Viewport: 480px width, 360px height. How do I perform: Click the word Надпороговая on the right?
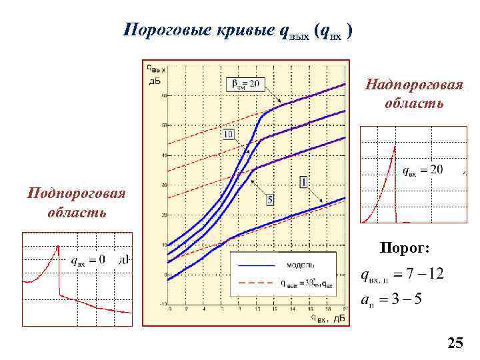[413, 86]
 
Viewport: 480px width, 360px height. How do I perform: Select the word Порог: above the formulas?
[405, 249]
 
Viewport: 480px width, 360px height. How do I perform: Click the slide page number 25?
[455, 344]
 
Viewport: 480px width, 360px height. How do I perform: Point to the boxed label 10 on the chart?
[229, 135]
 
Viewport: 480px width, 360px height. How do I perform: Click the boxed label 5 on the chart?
[270, 199]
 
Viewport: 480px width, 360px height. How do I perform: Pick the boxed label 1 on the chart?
[303, 181]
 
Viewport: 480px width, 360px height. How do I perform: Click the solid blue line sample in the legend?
[257, 265]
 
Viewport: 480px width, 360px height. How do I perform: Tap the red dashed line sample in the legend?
[257, 283]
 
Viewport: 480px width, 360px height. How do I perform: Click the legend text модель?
[301, 265]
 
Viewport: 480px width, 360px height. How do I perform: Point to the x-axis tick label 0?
[169, 309]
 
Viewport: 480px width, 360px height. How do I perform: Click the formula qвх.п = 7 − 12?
[401, 275]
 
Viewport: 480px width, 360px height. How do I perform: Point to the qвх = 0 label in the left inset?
[88, 259]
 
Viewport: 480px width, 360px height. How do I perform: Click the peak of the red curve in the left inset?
[59, 246]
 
